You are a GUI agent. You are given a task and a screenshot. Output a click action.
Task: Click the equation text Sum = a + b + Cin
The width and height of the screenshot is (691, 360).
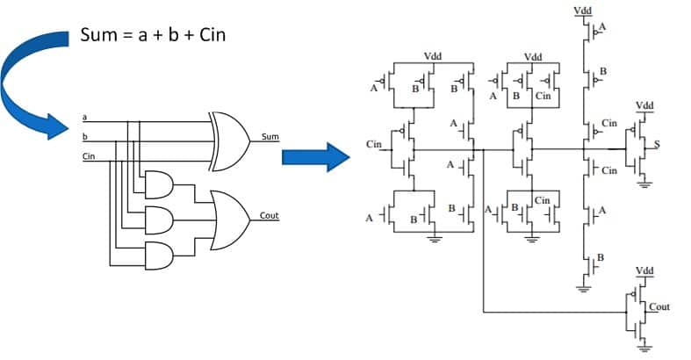tap(155, 36)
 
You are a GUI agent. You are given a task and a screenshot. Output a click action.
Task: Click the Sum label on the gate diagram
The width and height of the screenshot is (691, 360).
tap(270, 137)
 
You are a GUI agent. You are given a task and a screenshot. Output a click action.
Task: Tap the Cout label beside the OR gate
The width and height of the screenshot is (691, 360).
tap(270, 215)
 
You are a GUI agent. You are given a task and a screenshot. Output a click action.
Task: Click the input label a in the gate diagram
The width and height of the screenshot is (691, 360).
tap(84, 118)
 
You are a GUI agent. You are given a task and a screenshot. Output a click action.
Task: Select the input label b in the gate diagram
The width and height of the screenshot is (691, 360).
tap(84, 137)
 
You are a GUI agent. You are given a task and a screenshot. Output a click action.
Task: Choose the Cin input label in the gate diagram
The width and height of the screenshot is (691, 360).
tap(88, 156)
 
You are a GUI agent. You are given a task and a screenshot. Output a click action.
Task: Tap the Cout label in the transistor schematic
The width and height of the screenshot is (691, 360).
tap(659, 306)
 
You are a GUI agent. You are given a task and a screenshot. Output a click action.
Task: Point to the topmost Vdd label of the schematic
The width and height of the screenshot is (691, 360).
tap(581, 10)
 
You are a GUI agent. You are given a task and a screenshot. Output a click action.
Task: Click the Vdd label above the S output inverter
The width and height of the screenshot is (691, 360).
tap(644, 105)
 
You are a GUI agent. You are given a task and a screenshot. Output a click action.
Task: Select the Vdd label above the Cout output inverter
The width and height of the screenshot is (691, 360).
tap(644, 271)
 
